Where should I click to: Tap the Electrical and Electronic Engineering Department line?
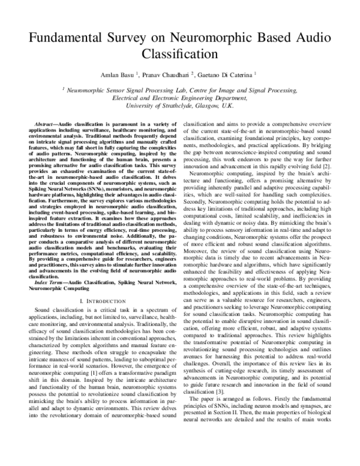(180, 97)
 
